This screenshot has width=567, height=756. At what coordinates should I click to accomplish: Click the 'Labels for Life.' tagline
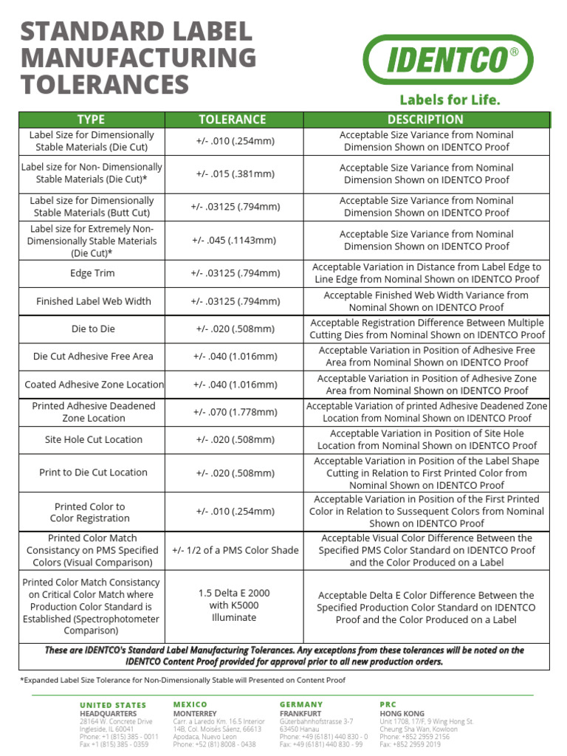point(450,100)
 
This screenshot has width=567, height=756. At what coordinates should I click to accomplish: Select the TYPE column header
point(92,120)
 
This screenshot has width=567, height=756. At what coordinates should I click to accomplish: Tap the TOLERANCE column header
point(233,120)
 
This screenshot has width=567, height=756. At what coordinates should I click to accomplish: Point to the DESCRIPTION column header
point(425,120)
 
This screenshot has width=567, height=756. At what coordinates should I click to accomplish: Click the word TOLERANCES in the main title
point(105,84)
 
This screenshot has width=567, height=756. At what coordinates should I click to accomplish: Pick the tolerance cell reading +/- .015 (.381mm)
point(235,174)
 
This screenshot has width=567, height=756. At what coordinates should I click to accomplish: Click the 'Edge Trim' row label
point(92,273)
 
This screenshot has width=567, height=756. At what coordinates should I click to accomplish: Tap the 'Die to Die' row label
point(92,329)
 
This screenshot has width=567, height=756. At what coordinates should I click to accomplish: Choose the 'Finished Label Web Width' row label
point(93,301)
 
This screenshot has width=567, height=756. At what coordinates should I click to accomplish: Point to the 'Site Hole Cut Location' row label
point(93,439)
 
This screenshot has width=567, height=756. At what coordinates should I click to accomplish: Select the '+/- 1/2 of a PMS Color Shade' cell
point(235,550)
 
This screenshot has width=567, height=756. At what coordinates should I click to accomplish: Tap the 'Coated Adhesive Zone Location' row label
point(94,385)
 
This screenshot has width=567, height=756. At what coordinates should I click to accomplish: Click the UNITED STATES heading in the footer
point(113,705)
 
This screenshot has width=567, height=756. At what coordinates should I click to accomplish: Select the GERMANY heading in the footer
point(301,705)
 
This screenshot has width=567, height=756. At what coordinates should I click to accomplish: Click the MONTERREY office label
point(194,714)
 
